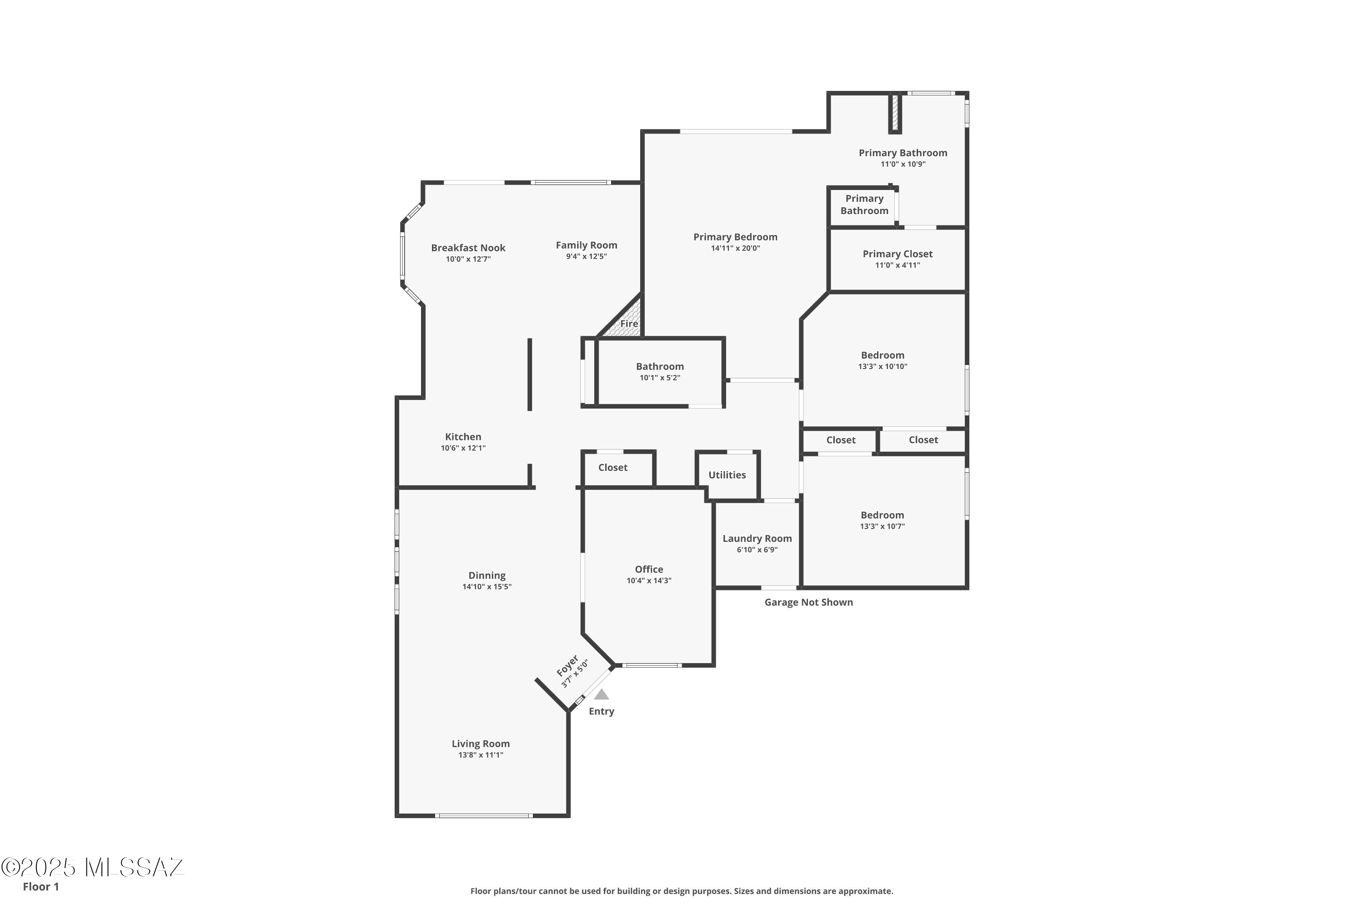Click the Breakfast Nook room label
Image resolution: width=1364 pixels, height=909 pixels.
pyautogui.click(x=468, y=248)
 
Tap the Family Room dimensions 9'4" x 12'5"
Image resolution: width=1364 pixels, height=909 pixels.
pyautogui.click(x=587, y=256)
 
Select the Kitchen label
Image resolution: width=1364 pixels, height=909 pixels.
pyautogui.click(x=463, y=436)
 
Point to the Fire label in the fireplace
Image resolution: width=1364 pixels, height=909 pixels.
pyautogui.click(x=629, y=324)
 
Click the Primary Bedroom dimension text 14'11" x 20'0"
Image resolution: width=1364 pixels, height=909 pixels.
pyautogui.click(x=735, y=248)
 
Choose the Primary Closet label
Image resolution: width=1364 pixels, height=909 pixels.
pyautogui.click(x=897, y=254)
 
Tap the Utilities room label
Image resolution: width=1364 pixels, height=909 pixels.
pyautogui.click(x=727, y=475)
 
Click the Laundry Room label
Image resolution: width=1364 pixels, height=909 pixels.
pyautogui.click(x=757, y=539)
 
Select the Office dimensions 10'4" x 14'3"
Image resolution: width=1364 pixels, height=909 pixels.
pyautogui.click(x=649, y=580)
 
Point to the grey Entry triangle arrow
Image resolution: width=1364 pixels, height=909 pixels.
pyautogui.click(x=602, y=694)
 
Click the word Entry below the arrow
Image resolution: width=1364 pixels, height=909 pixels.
pyautogui.click(x=602, y=711)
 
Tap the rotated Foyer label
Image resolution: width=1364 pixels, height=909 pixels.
pyautogui.click(x=567, y=665)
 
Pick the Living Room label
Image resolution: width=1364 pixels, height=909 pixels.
pyautogui.click(x=481, y=744)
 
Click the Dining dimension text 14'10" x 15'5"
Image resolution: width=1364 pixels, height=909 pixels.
pyautogui.click(x=486, y=587)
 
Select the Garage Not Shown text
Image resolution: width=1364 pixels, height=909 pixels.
pyautogui.click(x=808, y=602)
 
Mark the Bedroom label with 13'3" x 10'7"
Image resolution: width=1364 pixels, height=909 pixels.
pyautogui.click(x=882, y=515)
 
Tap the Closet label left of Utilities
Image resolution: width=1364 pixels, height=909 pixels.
pyautogui.click(x=612, y=467)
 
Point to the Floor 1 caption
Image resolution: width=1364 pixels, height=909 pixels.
pyautogui.click(x=40, y=886)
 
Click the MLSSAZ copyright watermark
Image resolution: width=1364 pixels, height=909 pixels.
pyautogui.click(x=93, y=867)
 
